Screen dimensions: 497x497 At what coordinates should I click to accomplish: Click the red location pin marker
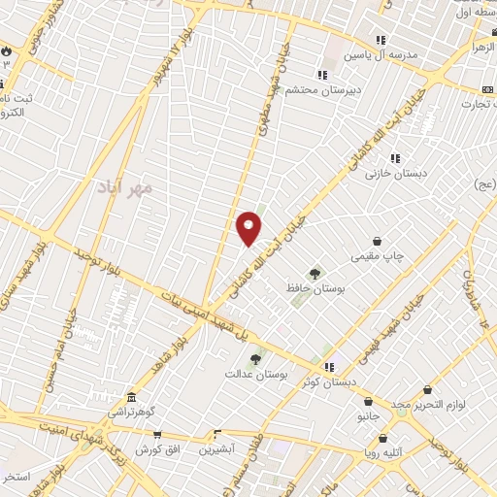[248, 227]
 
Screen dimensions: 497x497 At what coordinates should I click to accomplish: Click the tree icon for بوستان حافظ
[314, 274]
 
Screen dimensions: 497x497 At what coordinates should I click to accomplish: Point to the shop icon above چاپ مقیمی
[377, 241]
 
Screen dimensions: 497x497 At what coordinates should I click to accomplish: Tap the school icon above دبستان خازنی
[395, 158]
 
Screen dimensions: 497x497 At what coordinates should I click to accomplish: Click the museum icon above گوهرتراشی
[131, 397]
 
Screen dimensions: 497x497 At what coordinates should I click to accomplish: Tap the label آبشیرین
[216, 449]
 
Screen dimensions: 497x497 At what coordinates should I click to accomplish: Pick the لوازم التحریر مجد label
[429, 403]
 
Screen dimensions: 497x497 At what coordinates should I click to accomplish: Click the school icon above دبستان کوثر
[329, 367]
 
